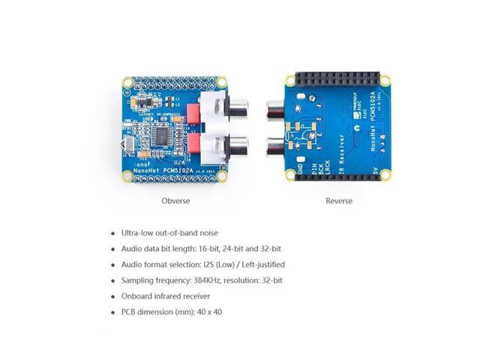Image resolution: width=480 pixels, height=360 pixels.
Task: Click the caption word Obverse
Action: tap(175, 201)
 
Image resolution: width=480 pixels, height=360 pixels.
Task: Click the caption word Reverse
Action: tap(338, 201)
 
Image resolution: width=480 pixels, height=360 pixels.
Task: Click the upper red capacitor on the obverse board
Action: tap(194, 111)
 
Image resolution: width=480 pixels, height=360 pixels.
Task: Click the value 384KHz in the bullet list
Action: tap(211, 280)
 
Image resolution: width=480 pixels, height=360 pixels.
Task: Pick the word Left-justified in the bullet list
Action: tap(260, 264)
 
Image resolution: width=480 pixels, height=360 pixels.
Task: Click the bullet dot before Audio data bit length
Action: tap(112, 249)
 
